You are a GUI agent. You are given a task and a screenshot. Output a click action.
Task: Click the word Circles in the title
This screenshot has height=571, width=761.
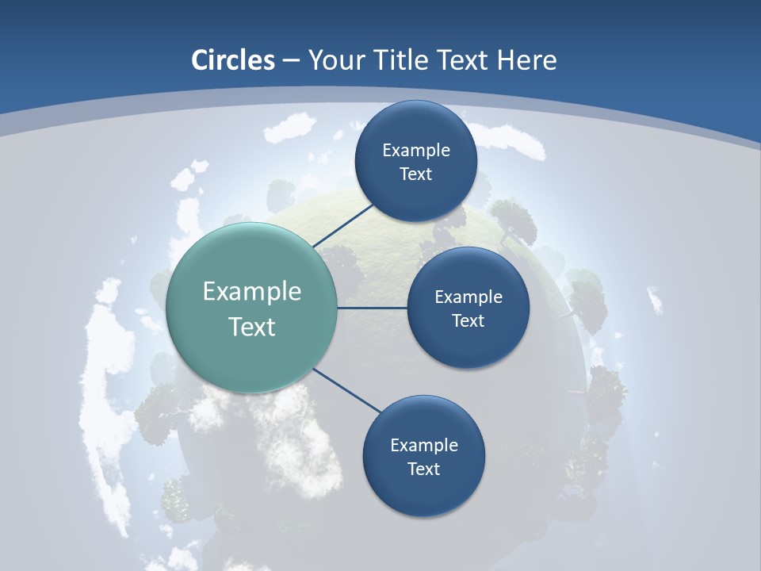(233, 60)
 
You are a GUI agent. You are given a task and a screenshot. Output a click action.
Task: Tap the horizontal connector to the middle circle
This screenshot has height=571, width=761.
(373, 308)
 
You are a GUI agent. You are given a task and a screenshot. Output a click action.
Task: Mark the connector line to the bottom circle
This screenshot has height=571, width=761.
(347, 389)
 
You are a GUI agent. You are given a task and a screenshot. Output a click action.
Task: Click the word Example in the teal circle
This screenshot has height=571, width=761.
(252, 292)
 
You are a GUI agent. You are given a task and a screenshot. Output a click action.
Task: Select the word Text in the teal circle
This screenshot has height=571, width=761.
(252, 327)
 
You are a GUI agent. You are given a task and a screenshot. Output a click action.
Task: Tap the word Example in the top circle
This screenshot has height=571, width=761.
(416, 151)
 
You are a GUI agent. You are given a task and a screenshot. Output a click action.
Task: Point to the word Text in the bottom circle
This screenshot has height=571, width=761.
(423, 469)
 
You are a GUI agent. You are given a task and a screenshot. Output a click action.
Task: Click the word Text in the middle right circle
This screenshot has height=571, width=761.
(468, 320)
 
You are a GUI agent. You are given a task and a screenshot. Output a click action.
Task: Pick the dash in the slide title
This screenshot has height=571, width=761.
(291, 60)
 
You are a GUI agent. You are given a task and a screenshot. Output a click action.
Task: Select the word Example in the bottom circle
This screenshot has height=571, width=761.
(424, 445)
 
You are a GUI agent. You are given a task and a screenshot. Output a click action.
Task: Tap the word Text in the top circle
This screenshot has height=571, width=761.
(415, 174)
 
